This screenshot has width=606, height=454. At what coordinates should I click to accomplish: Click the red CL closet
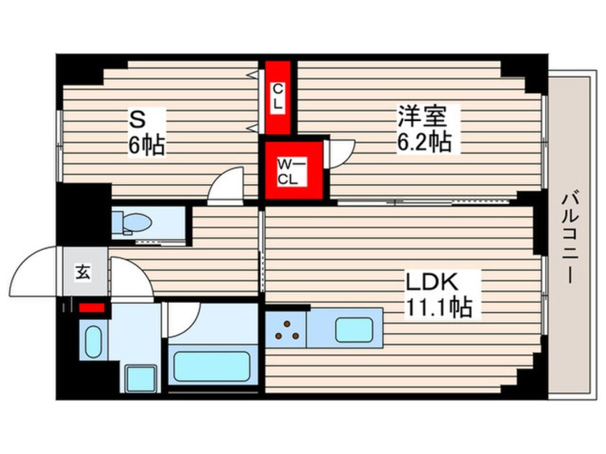coord(277,97)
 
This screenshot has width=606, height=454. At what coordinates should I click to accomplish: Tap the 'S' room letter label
coord(138,117)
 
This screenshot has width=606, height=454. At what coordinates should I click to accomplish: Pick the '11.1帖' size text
coord(439,308)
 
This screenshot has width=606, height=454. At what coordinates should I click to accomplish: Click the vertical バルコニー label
coord(570,237)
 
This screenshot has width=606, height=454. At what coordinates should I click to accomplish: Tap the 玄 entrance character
coord(82,272)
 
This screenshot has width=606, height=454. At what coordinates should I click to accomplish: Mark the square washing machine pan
coord(140,377)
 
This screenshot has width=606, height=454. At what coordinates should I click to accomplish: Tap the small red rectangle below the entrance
coord(92,308)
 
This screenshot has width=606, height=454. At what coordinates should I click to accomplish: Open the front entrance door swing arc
coord(36,271)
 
